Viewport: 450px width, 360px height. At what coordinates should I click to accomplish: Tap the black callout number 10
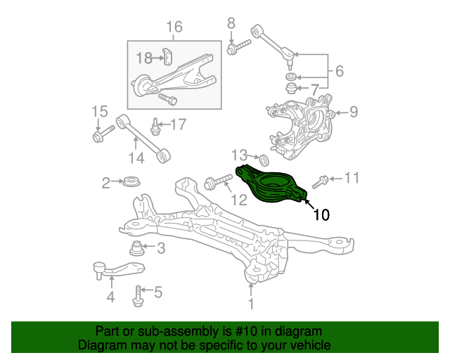point(321,214)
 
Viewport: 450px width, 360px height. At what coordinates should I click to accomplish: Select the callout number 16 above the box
point(174,27)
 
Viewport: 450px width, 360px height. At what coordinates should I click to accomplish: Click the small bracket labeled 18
point(167,56)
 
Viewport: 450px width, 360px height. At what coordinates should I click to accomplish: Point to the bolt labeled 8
point(238,47)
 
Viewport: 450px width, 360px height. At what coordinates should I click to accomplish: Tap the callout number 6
point(340,71)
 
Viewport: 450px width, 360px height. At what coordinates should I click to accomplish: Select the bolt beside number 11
point(320,182)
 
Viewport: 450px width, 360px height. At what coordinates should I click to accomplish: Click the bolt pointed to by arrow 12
point(218,181)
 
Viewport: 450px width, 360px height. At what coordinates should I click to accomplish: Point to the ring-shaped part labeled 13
point(264,160)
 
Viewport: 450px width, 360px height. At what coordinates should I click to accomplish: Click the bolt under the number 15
point(103,133)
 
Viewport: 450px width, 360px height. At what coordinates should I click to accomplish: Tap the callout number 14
point(136,158)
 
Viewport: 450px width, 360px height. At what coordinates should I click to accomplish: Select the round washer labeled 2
point(131,181)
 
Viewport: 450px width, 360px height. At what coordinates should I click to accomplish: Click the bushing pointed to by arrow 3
point(136,249)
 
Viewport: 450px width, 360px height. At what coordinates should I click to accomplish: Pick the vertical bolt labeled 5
point(138,296)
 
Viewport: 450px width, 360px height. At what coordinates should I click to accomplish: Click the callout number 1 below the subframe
point(251,304)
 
